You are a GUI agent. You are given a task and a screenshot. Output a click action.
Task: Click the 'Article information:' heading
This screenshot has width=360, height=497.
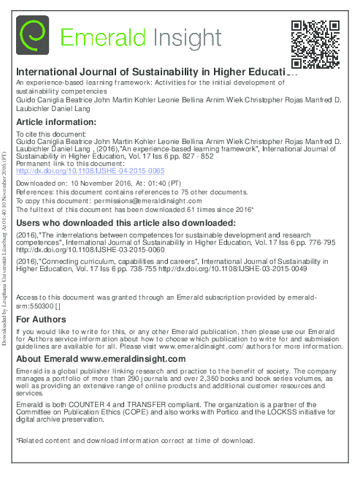pyautogui.click(x=54, y=102)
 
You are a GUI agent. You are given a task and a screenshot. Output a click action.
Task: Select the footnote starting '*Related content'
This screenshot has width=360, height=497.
pyautogui.click(x=136, y=441)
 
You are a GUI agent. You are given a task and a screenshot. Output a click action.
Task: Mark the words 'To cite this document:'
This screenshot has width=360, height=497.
pyautogui.click(x=50, y=115)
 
